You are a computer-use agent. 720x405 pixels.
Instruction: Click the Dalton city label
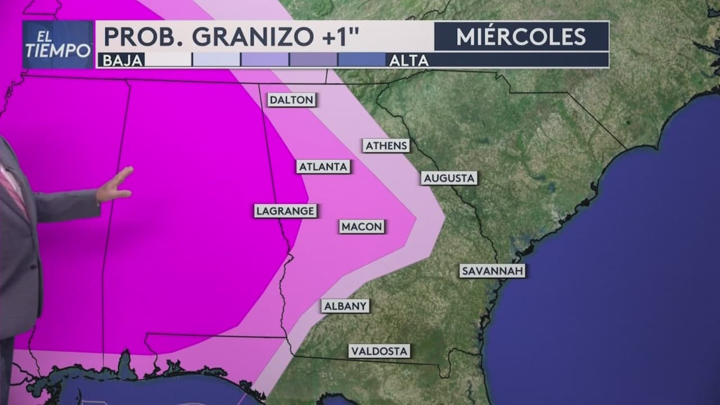tap(291, 100)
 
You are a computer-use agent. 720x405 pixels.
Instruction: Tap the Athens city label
tap(386, 146)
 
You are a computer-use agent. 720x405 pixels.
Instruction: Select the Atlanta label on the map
tap(323, 166)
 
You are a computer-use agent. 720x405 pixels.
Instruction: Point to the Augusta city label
tap(449, 178)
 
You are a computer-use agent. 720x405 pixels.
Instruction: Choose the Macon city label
tap(362, 227)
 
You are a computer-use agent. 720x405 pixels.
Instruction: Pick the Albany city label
tap(345, 306)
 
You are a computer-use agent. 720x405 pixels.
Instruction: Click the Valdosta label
tap(379, 351)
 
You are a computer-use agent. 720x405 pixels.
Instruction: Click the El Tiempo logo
tap(58, 44)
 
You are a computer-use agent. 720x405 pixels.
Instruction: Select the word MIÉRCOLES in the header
tap(521, 37)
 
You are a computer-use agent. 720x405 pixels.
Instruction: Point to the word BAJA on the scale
tap(120, 60)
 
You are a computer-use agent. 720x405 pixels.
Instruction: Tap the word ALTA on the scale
tap(409, 60)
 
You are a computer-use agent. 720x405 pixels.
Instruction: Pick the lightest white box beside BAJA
tap(168, 60)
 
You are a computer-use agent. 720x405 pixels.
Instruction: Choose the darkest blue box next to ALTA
tap(361, 60)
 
